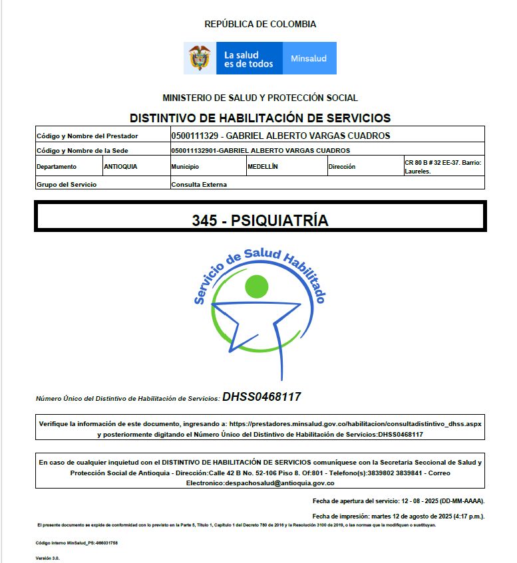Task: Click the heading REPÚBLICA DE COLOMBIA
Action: pyautogui.click(x=260, y=25)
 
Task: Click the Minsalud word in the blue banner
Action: pyautogui.click(x=309, y=58)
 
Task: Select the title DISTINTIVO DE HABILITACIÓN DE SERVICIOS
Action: pyautogui.click(x=260, y=118)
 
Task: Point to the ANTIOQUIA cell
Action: pyautogui.click(x=120, y=167)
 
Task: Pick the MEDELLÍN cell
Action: pyautogui.click(x=262, y=167)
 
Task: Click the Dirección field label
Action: pyautogui.click(x=342, y=167)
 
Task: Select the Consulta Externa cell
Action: pyautogui.click(x=199, y=184)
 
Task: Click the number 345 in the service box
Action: pyautogui.click(x=204, y=221)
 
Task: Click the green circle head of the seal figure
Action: pyautogui.click(x=257, y=286)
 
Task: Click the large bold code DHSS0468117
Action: pyautogui.click(x=261, y=397)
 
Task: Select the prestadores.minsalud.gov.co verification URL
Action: pyautogui.click(x=355, y=423)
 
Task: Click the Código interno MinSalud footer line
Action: pyautogui.click(x=77, y=543)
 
